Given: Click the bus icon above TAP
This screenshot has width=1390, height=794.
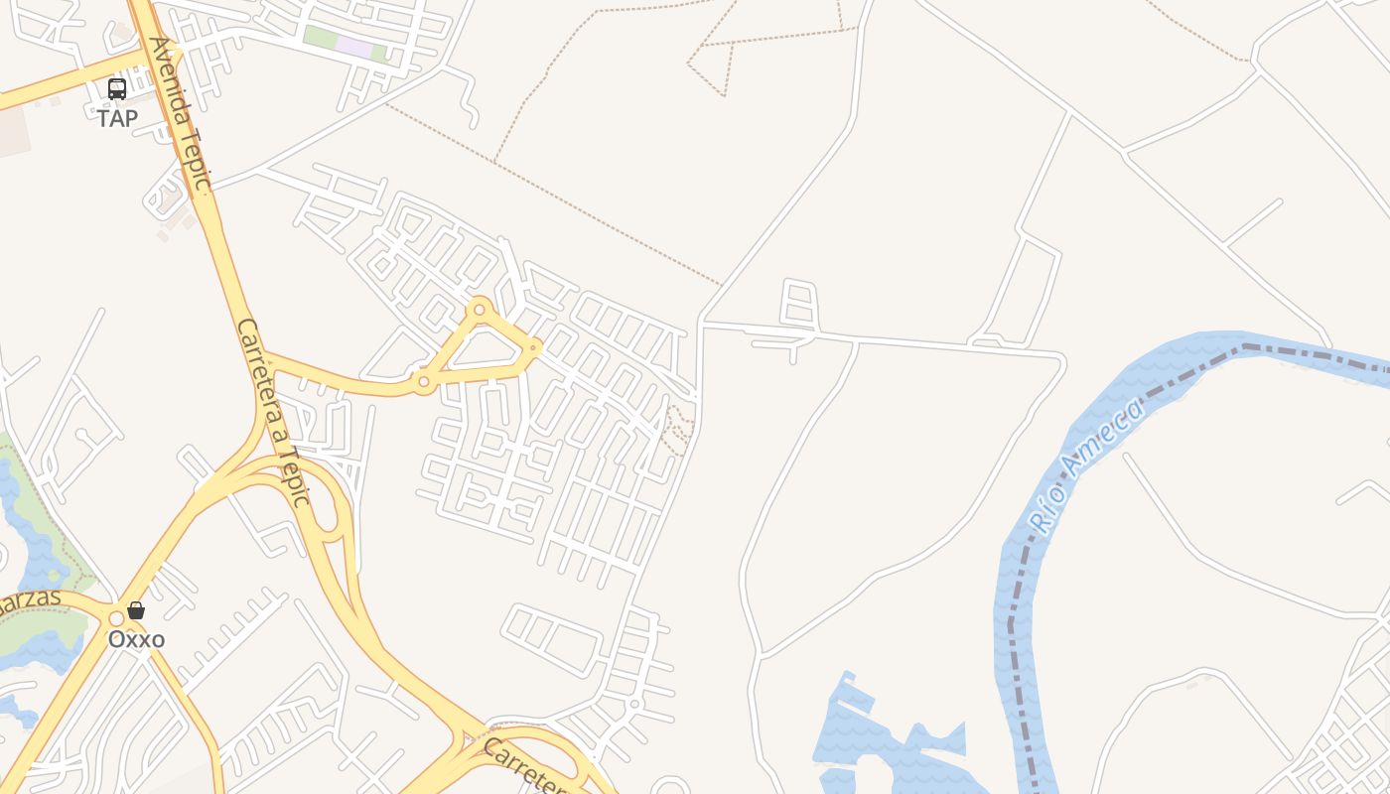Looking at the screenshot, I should pos(117,89).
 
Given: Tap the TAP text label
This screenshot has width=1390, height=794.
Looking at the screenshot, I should pos(117,118).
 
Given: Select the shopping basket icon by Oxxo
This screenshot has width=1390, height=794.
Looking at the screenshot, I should pos(136,610).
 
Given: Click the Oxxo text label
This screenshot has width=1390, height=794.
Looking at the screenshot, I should pos(136,639).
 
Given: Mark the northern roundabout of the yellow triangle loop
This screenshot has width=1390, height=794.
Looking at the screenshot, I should pos(480,310).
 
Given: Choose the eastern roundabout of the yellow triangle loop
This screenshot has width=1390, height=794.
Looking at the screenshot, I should pos(534,347).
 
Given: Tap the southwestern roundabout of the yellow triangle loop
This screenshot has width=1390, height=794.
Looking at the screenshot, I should pos(424,381).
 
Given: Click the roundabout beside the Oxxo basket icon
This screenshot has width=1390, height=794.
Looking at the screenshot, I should pos(116,618).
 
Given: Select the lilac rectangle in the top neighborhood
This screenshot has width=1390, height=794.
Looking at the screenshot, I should pos(353,46).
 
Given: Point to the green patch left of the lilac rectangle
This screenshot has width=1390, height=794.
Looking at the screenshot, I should pos(320,39).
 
